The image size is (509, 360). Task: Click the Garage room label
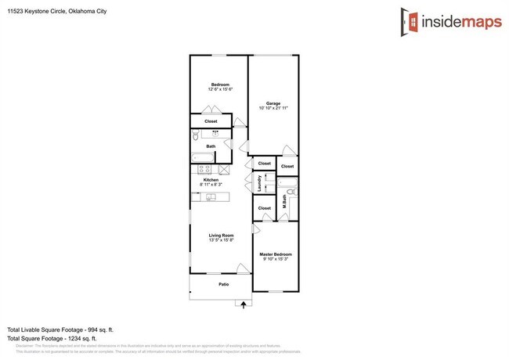click(x=273, y=103)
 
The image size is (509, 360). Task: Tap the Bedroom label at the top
click(x=219, y=85)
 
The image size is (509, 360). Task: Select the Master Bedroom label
click(x=276, y=254)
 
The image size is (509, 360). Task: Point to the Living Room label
click(x=221, y=235)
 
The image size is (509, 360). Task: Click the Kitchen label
click(x=211, y=179)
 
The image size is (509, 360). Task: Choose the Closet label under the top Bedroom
click(x=211, y=121)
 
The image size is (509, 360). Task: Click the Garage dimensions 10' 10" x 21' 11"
click(x=273, y=108)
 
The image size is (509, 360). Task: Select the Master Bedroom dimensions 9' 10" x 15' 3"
click(x=276, y=259)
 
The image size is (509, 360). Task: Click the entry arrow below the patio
click(x=243, y=304)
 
